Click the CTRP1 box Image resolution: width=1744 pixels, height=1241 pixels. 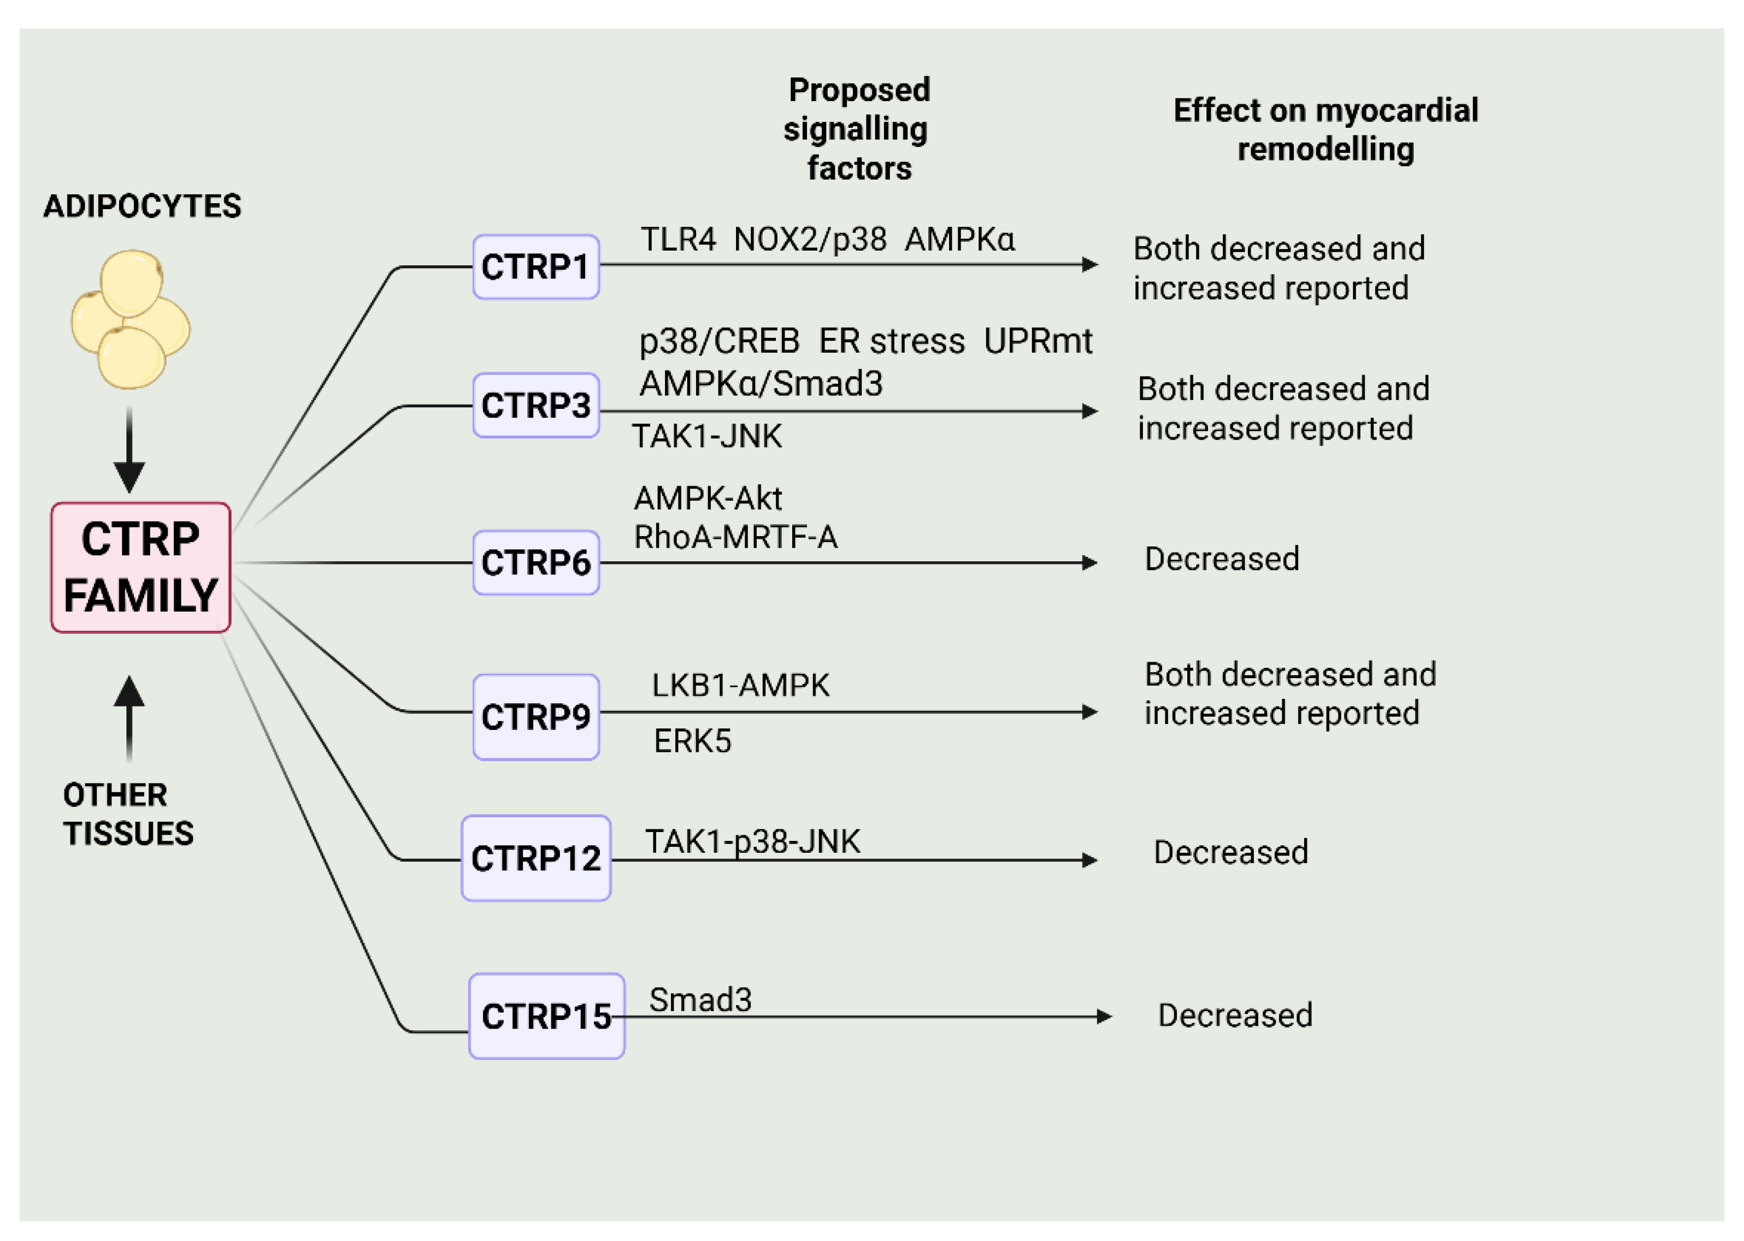(535, 266)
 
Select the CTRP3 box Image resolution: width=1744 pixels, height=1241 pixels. (535, 405)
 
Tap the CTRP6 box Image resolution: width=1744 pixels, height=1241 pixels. (535, 562)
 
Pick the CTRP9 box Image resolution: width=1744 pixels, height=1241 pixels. (535, 717)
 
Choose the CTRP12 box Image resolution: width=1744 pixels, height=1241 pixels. (535, 858)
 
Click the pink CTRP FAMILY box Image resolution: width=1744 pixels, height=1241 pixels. (140, 567)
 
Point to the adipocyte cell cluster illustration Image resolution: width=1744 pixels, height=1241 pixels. (130, 319)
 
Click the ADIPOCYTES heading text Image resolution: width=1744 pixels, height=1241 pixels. (142, 206)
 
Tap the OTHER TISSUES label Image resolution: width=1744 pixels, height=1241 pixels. (128, 814)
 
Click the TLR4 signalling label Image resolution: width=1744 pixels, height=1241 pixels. (677, 240)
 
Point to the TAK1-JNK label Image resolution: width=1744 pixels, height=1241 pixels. (706, 436)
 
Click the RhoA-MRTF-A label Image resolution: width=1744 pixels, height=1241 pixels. (735, 537)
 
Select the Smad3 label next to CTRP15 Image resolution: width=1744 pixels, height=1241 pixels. (700, 1000)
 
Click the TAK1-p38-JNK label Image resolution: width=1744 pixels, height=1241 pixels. (752, 841)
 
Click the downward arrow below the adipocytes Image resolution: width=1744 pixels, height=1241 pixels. (129, 451)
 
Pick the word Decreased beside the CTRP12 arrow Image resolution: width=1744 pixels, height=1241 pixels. (1230, 852)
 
